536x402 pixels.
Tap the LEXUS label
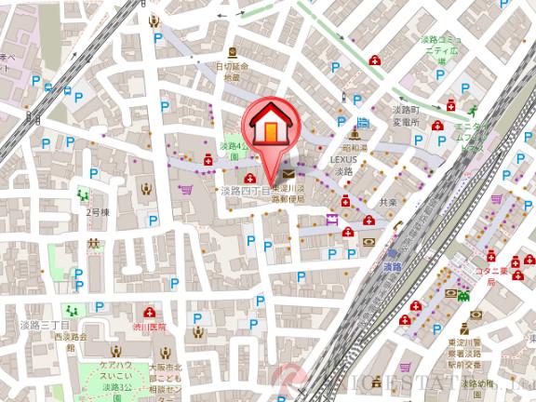click(343, 159)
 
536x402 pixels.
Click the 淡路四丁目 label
click(243, 191)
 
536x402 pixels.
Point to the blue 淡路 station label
click(392, 266)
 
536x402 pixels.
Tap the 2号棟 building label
click(98, 212)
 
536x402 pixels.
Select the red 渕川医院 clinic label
click(149, 327)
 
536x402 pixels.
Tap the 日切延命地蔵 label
click(233, 72)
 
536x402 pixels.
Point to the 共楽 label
click(388, 201)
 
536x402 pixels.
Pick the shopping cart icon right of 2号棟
click(186, 189)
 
